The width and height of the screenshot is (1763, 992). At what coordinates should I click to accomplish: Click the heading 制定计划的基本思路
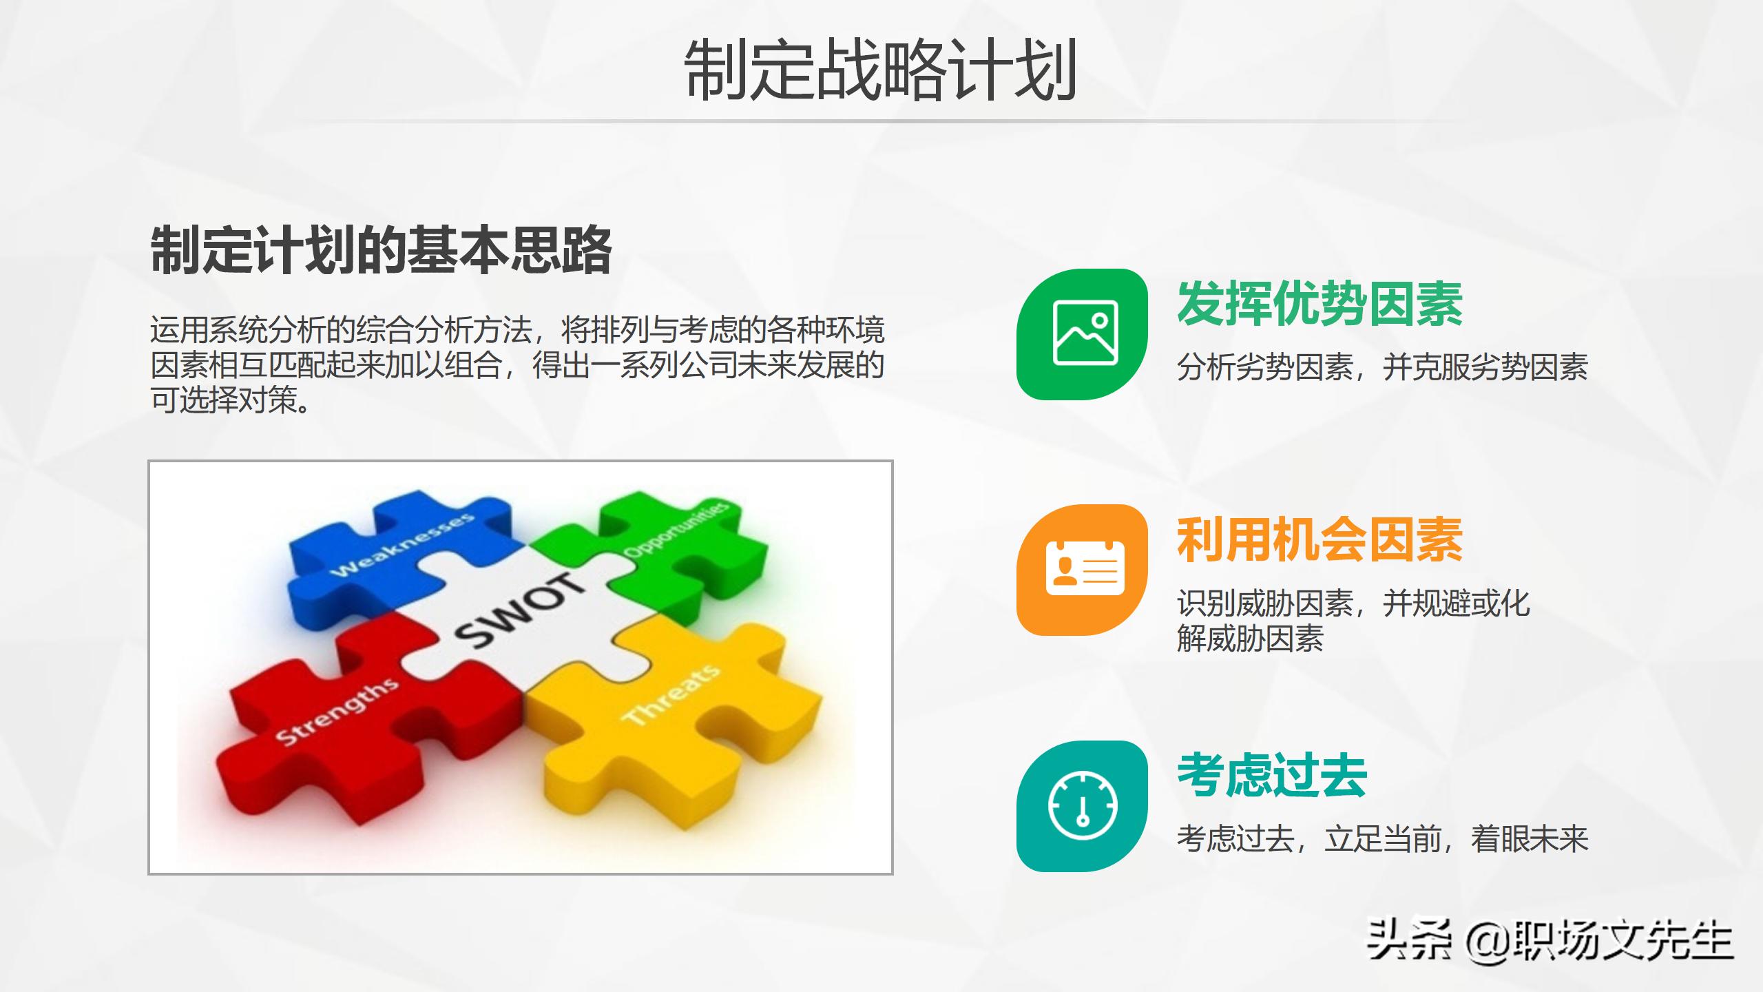381,250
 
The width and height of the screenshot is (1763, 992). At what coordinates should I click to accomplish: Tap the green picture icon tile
1082,334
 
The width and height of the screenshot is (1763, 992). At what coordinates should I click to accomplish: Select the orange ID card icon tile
1082,570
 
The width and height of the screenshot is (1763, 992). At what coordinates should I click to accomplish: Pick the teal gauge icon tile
1082,806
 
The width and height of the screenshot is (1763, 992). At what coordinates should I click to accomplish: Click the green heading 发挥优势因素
1319,304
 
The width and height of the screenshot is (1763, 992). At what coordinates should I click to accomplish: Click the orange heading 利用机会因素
1319,540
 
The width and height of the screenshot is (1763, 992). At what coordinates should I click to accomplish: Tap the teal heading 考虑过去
1271,776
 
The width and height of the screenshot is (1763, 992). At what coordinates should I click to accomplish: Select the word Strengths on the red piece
337,712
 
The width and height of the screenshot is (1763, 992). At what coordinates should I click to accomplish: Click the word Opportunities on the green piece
676,530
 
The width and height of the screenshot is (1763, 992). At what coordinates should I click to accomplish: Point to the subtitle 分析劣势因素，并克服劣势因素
1382,367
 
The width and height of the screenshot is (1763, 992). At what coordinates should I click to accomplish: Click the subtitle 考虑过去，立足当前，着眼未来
1382,839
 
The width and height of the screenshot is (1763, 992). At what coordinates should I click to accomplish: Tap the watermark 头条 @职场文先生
1550,940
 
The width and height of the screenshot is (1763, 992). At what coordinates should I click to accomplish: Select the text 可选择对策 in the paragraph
224,400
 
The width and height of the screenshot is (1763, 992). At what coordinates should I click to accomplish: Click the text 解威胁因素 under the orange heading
1250,639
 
